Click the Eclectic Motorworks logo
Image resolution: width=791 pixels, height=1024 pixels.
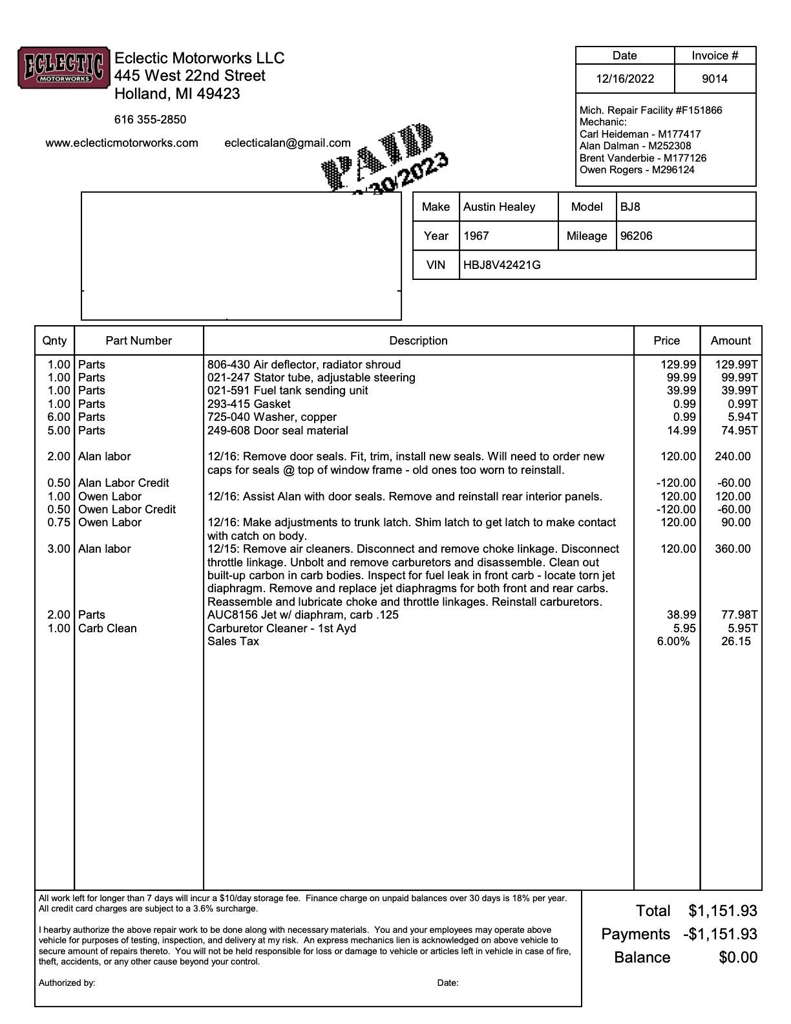point(63,67)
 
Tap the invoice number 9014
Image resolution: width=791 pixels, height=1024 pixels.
point(714,79)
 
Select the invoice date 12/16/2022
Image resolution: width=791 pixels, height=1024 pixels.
point(624,79)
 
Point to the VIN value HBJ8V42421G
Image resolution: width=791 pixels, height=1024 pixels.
point(501,264)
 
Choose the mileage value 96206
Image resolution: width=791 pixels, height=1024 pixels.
point(636,236)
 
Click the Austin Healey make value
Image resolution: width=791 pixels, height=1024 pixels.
point(499,207)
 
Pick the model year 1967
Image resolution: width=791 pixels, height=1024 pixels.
point(476,236)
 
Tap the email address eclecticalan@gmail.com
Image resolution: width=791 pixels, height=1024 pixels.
point(287,143)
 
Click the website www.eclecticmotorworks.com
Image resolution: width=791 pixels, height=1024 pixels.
point(121,143)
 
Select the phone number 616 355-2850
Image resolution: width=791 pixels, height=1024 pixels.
point(150,120)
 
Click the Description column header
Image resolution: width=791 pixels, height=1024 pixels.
point(418,341)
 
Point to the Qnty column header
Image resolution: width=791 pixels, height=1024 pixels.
point(54,341)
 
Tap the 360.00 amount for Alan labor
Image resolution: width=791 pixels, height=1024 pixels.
point(732,549)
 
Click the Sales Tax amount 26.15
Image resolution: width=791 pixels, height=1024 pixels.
point(735,641)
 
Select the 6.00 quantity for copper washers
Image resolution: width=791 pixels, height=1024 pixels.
point(58,417)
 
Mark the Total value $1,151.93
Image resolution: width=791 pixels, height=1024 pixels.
point(722,911)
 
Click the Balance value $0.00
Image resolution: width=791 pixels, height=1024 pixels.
point(737,957)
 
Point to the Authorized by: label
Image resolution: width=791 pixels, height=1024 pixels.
point(67,983)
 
